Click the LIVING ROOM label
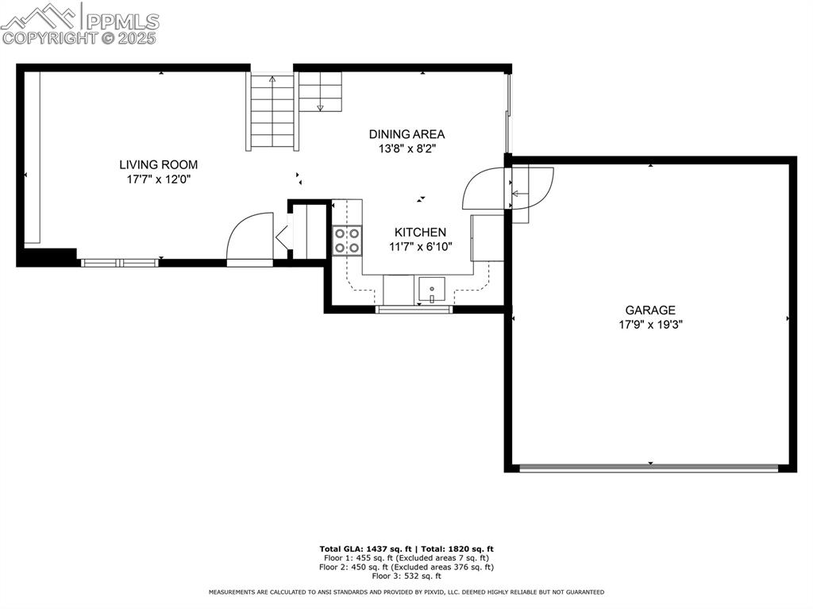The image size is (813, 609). pyautogui.click(x=159, y=164)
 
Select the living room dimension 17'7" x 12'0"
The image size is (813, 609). pyautogui.click(x=159, y=179)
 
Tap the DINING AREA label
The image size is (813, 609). pyautogui.click(x=406, y=134)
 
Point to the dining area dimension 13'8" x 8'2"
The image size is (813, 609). pyautogui.click(x=406, y=148)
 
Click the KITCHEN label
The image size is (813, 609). pyautogui.click(x=420, y=232)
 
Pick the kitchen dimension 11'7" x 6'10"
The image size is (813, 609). pyautogui.click(x=420, y=246)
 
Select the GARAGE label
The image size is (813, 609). pyautogui.click(x=650, y=310)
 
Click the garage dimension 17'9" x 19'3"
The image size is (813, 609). pyautogui.click(x=650, y=324)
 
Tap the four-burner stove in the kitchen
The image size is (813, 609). pyautogui.click(x=347, y=241)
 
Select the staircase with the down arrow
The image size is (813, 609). pyautogui.click(x=320, y=91)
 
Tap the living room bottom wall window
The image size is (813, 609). pyautogui.click(x=119, y=262)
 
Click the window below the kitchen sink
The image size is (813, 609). pyautogui.click(x=413, y=310)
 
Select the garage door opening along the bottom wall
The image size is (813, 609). pyautogui.click(x=649, y=468)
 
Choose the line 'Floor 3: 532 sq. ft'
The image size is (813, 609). pyautogui.click(x=406, y=576)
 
